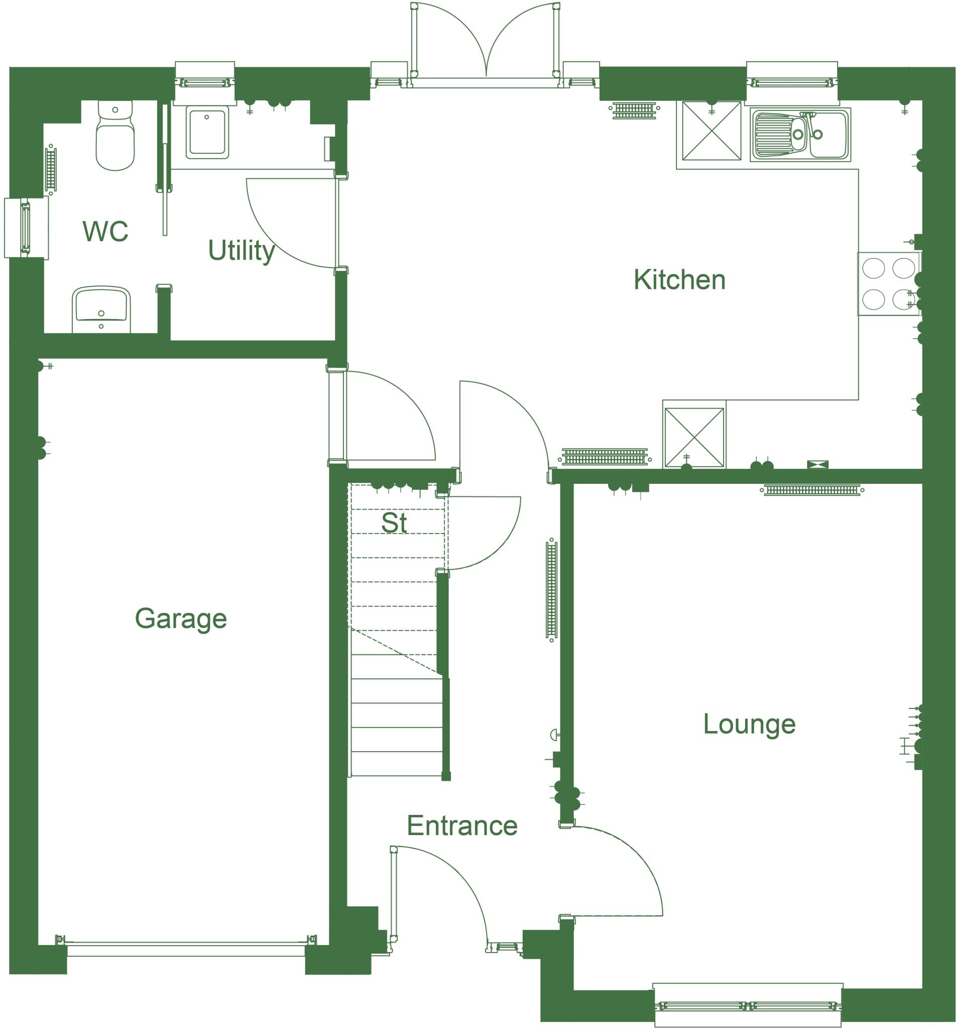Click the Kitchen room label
tap(679, 280)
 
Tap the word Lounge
tap(749, 724)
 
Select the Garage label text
tap(181, 618)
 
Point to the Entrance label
tap(461, 826)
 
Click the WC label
tap(105, 231)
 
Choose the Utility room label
tap(241, 251)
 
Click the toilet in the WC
tap(115, 136)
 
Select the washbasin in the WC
tap(101, 310)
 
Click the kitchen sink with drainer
tap(800, 135)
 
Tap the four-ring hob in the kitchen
tap(888, 283)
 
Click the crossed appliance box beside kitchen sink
tap(711, 131)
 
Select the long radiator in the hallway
tap(551, 590)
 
